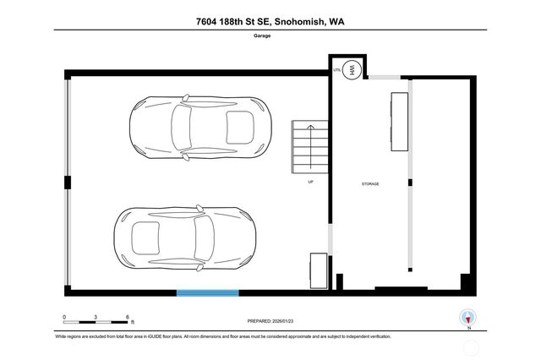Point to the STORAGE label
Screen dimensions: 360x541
pyautogui.click(x=369, y=183)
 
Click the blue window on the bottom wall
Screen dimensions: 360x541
pyautogui.click(x=207, y=293)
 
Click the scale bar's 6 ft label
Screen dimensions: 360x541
pyautogui.click(x=128, y=318)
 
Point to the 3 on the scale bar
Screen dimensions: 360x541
pyautogui.click(x=96, y=318)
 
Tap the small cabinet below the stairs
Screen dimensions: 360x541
pyautogui.click(x=318, y=270)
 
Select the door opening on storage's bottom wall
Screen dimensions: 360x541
pyautogui.click(x=401, y=290)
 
